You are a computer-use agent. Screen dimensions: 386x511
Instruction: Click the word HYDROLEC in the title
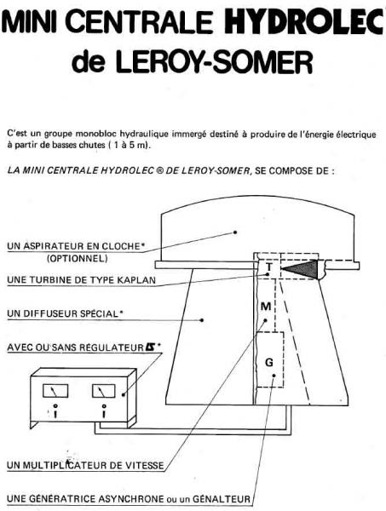point(304,20)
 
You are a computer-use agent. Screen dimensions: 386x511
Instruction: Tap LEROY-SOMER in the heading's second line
point(214,61)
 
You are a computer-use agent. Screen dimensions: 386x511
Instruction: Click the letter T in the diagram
point(269,267)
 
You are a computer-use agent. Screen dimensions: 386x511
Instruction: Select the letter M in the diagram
point(266,307)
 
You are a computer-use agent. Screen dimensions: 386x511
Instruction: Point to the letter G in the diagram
point(269,362)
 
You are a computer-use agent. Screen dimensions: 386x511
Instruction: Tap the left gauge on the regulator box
point(55,391)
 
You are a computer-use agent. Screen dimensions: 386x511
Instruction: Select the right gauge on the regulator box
point(104,391)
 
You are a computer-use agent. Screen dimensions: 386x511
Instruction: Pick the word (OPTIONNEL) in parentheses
point(78,259)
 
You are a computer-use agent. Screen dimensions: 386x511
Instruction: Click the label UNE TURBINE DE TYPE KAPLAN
point(81,280)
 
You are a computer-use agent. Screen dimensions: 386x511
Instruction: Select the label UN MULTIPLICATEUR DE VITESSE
point(85,465)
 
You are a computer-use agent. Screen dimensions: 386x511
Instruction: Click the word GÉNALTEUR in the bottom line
point(222,499)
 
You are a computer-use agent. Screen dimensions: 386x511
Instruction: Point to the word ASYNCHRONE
point(131,499)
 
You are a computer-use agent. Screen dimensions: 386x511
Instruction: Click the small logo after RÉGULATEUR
point(151,347)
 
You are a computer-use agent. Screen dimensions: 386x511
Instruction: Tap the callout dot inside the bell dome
point(234,233)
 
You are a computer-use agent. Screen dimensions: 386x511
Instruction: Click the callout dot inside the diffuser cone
point(202,320)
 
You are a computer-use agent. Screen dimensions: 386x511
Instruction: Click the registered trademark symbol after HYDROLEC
point(159,170)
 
